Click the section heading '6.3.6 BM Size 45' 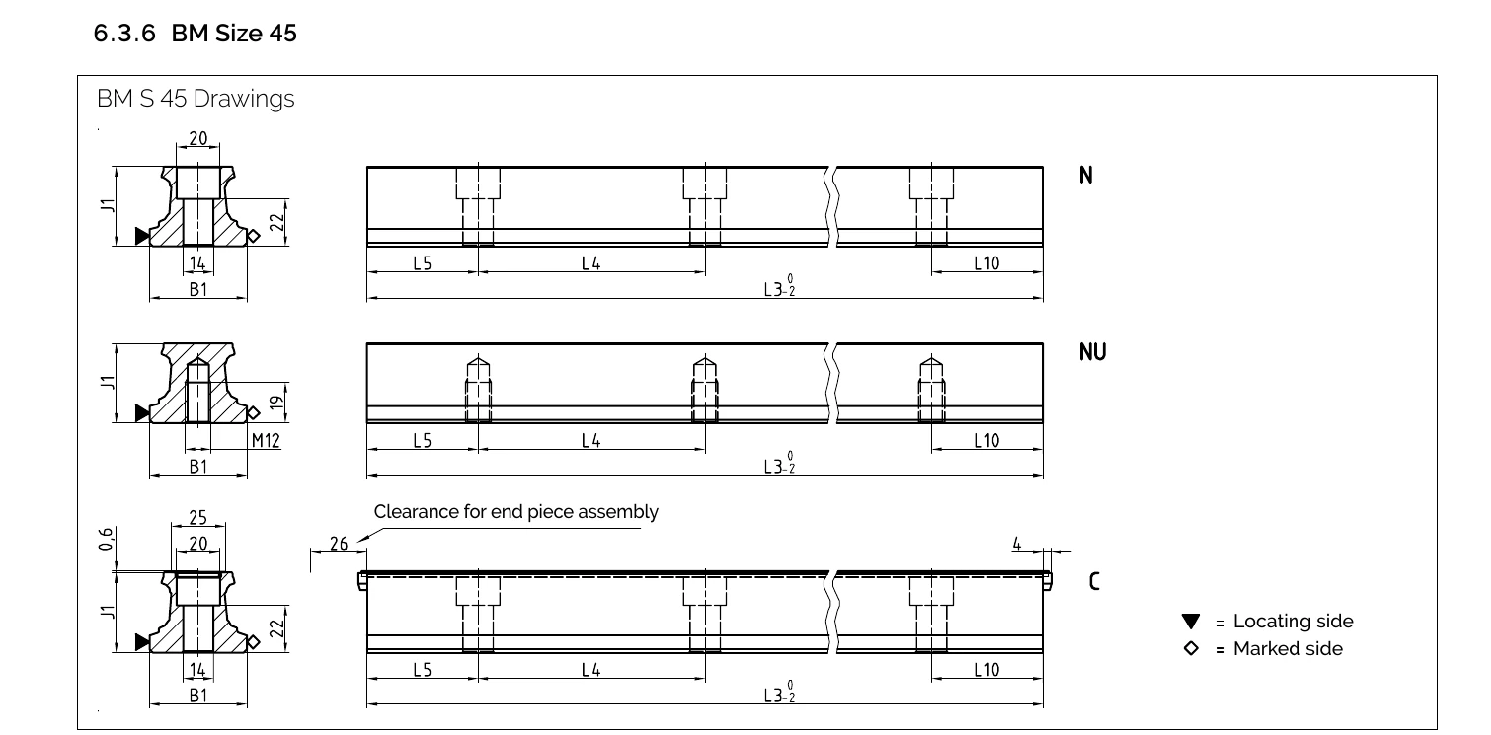click(x=195, y=34)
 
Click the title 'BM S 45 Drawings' click(x=196, y=100)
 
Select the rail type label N click(x=1086, y=176)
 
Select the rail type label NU click(x=1092, y=352)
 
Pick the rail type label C click(x=1093, y=581)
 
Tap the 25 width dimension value click(x=199, y=519)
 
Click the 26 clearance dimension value click(x=338, y=544)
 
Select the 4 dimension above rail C click(x=1016, y=543)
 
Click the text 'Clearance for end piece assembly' click(x=515, y=512)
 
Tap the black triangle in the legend click(x=1191, y=622)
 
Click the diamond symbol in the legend click(x=1191, y=648)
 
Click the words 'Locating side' click(x=1293, y=622)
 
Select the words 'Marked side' click(x=1288, y=648)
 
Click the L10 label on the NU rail click(x=986, y=440)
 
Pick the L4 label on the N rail click(x=590, y=263)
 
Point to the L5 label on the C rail click(x=422, y=670)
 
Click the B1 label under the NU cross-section click(x=198, y=466)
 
